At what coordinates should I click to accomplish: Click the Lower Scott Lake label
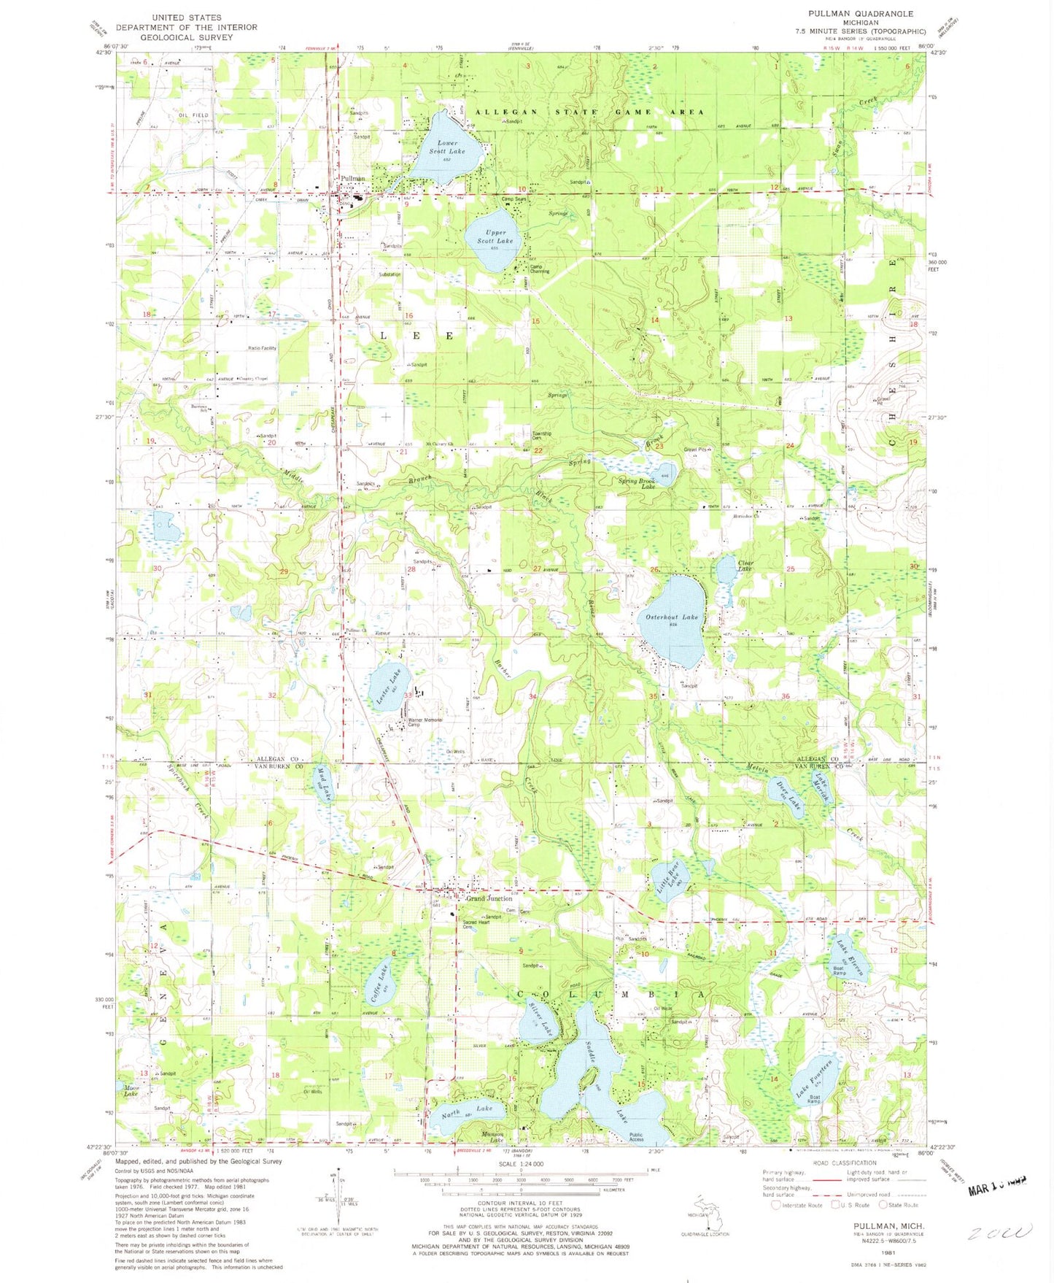[446, 147]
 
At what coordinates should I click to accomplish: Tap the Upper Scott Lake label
[495, 236]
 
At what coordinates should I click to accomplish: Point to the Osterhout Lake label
[672, 617]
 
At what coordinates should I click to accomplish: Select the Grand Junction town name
[489, 898]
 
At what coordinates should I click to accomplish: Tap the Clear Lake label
[745, 565]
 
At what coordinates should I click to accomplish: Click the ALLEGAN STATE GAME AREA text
[589, 112]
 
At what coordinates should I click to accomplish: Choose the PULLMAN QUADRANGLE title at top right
[860, 14]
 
